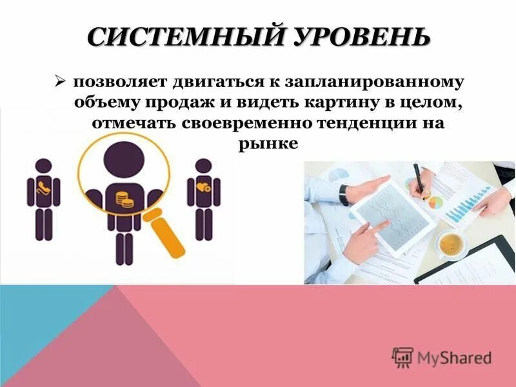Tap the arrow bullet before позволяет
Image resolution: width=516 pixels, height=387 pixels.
60,82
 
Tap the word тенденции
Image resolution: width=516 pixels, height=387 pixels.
352,123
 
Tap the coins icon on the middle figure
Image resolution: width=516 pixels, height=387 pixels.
124,199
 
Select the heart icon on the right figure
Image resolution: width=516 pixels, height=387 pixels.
203,186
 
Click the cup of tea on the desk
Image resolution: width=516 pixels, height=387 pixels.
451,244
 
